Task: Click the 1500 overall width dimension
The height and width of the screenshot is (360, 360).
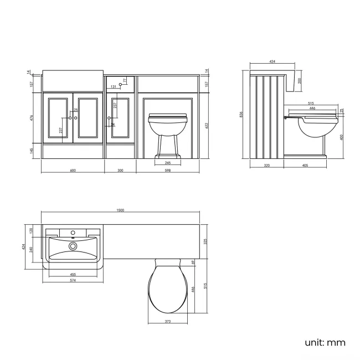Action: coord(121,210)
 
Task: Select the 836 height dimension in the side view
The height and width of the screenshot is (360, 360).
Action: coord(241,115)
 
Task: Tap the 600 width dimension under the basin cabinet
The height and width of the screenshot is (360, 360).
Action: coord(73,170)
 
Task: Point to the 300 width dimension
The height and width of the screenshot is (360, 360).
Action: coord(121,170)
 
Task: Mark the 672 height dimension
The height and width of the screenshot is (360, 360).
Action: coord(206,126)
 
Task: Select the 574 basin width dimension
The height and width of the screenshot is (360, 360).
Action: coord(73,280)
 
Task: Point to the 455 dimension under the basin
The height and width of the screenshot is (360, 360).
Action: coord(73,274)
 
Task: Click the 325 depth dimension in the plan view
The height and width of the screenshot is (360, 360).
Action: coord(206,241)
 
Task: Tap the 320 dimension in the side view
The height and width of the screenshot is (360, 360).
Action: coord(268,165)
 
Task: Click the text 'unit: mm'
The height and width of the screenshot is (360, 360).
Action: coord(325,342)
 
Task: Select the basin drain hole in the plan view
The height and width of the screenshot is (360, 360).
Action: coord(73,245)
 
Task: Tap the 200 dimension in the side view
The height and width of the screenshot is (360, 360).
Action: coord(300,80)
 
